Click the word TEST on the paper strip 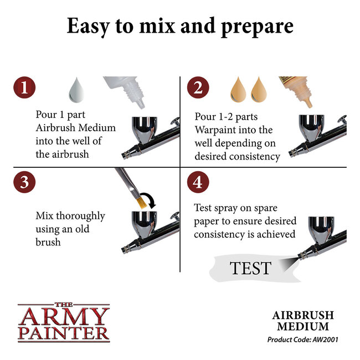click(x=251, y=268)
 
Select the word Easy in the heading click(x=90, y=27)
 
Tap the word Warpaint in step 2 click(x=217, y=130)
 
